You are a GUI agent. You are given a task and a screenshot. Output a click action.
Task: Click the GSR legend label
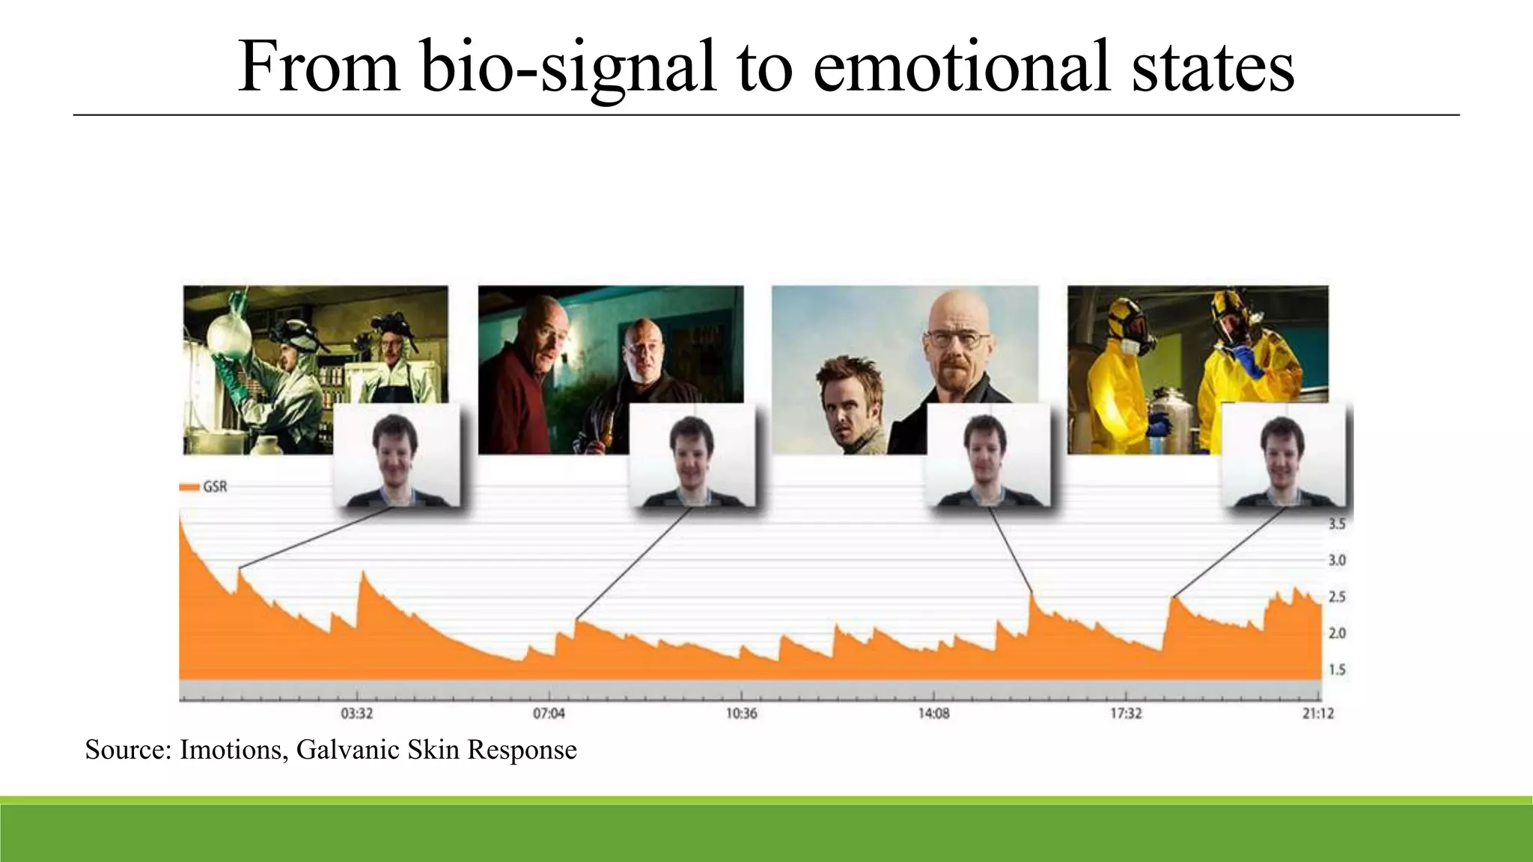215,487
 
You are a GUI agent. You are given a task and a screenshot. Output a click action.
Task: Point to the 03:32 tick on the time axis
357,713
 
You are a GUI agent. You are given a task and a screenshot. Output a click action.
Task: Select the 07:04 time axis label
549,713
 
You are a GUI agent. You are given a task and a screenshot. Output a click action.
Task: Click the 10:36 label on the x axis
741,713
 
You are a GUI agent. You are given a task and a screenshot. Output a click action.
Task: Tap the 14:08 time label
933,713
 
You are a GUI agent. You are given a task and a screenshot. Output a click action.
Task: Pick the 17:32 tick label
1126,713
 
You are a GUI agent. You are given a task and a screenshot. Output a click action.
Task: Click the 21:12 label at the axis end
1317,713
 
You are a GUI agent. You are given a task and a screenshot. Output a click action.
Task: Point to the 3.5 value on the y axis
1337,524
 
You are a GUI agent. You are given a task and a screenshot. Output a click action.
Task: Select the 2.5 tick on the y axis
1337,597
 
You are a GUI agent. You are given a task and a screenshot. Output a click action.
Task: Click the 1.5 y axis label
1337,670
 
